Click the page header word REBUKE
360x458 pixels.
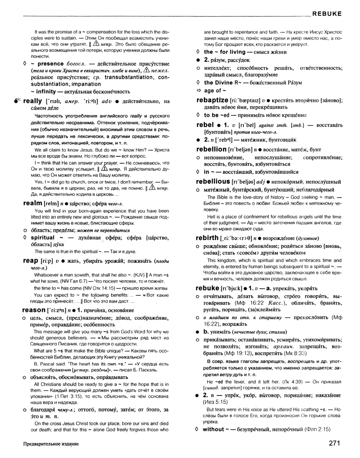327,13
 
